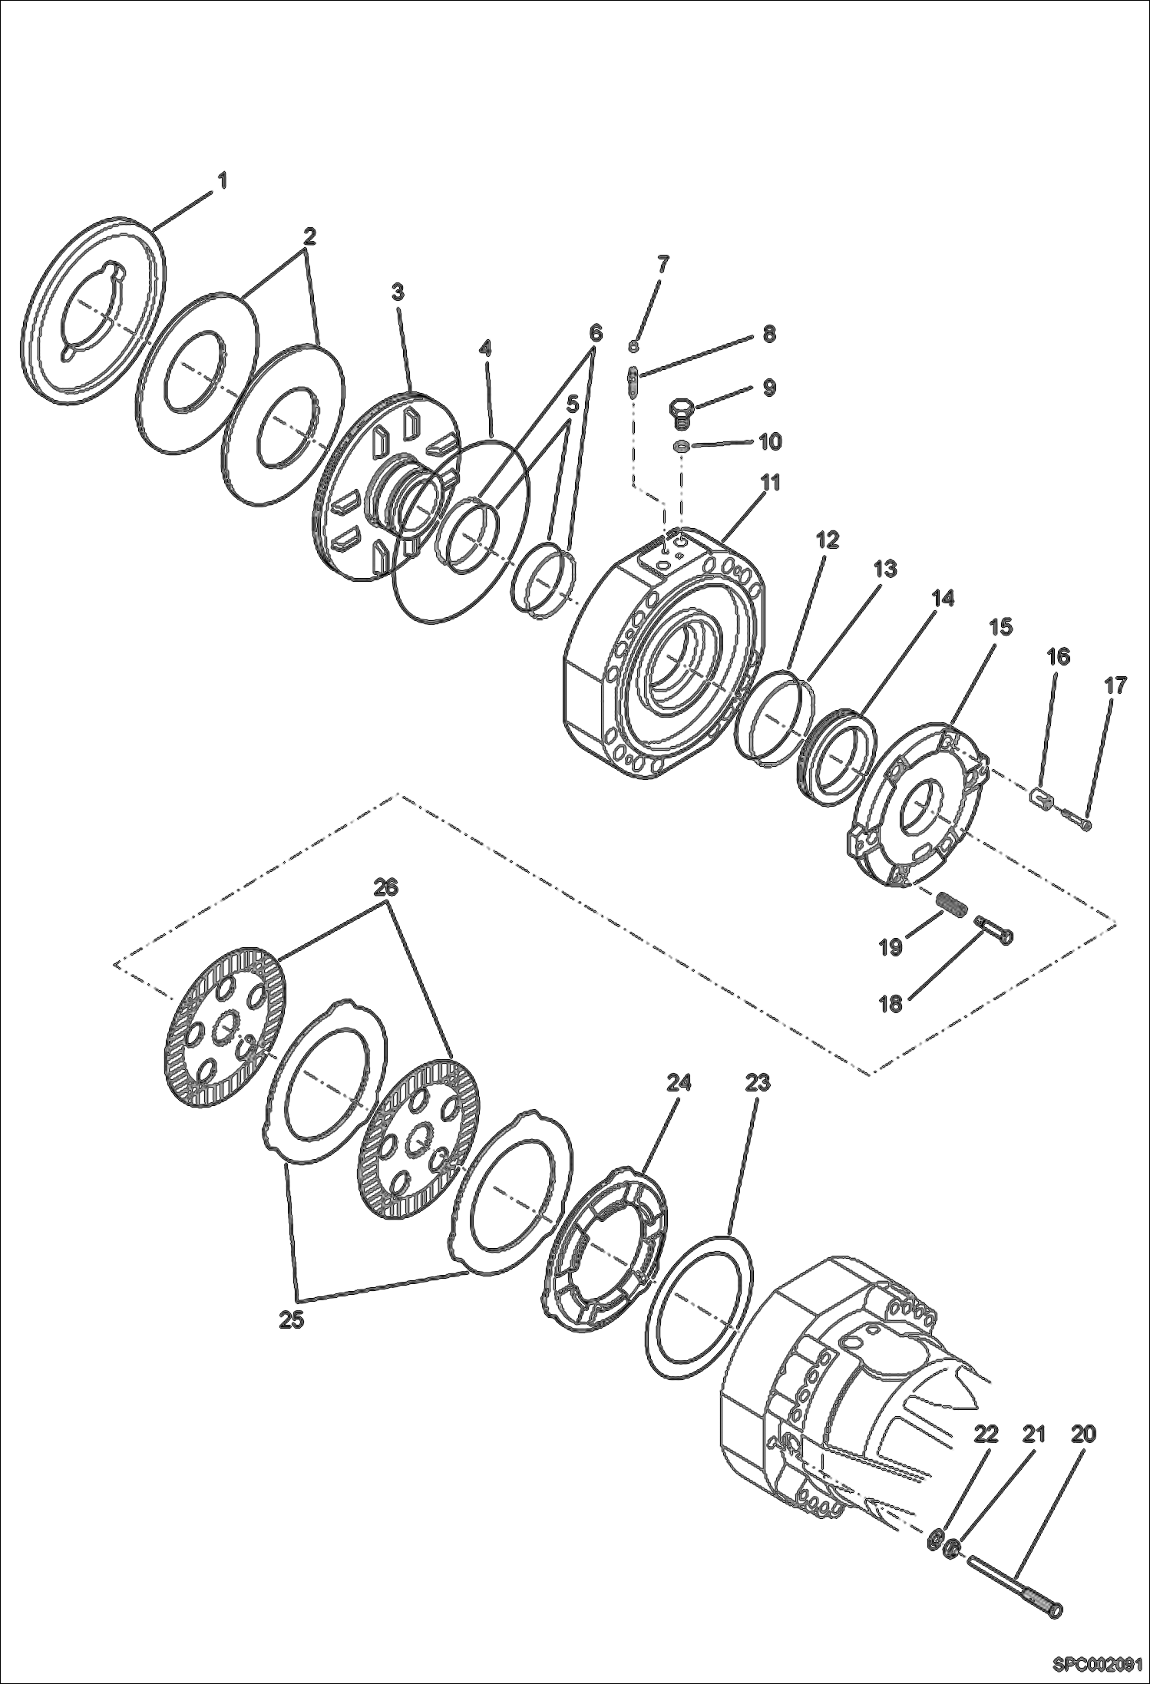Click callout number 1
point(222,181)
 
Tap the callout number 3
point(398,292)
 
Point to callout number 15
point(1000,626)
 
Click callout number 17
point(1115,685)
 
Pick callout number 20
point(1083,1434)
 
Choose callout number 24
point(679,1082)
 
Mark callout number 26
point(386,887)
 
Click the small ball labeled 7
point(634,346)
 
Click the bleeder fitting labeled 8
point(633,381)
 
